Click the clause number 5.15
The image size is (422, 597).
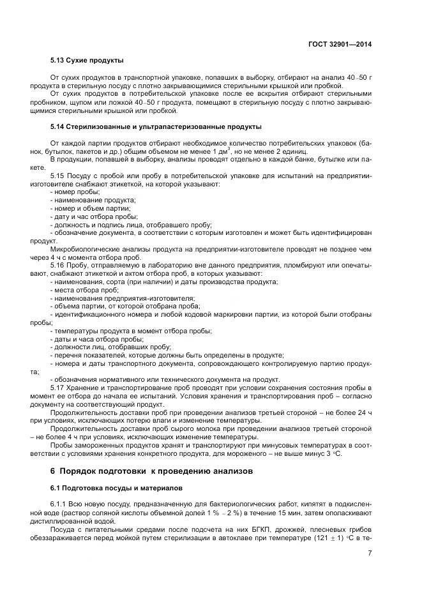[x=58, y=175]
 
